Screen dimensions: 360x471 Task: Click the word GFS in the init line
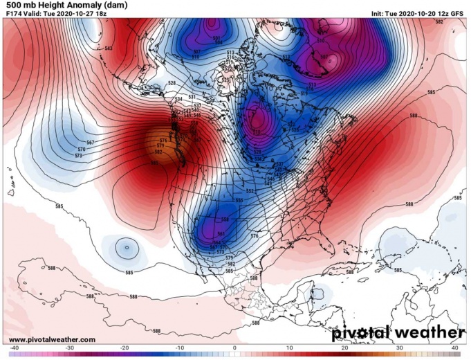coord(457,13)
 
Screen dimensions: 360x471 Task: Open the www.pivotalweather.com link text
coord(53,339)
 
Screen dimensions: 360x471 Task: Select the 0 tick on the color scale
coord(235,348)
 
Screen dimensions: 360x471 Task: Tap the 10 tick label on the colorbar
coord(290,348)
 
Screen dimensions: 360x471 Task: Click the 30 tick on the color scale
coord(400,348)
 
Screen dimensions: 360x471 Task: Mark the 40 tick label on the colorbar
coord(455,348)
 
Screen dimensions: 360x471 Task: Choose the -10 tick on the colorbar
coord(179,348)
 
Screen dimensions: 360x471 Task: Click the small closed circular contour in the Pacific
coord(126,246)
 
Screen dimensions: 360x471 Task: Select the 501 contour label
coord(216,37)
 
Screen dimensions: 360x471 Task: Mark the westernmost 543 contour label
coord(108,48)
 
